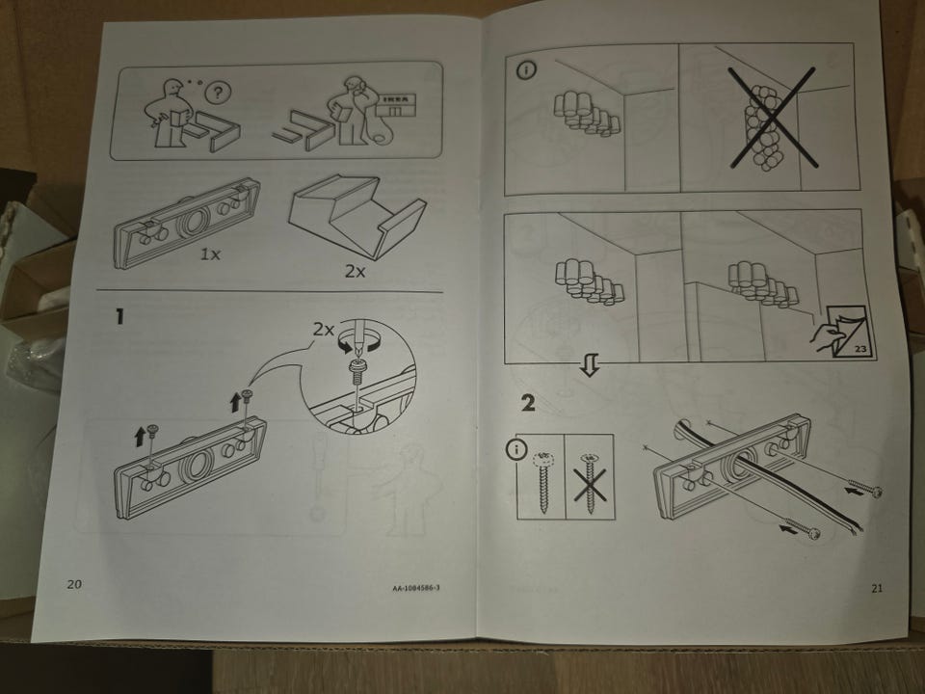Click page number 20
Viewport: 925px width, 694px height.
coord(74,584)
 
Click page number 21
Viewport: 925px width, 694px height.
coord(877,588)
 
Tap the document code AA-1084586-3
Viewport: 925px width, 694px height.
coord(416,588)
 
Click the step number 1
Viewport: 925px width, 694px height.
coord(119,316)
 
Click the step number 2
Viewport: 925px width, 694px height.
coord(528,403)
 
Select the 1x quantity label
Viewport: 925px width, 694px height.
coord(210,254)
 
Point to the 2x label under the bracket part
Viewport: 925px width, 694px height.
coord(356,272)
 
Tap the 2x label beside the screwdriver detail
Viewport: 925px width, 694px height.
coord(323,330)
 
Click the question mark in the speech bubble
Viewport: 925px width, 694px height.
coord(219,93)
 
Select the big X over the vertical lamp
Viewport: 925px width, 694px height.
coord(773,118)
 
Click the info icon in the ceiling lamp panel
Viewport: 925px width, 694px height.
coord(526,70)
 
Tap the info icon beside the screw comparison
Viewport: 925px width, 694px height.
coord(516,450)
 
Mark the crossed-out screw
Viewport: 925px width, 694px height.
coord(590,483)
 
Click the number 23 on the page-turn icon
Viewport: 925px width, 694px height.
coord(860,349)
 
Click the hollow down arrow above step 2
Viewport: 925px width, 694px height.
coord(590,365)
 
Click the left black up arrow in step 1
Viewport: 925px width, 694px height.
coord(140,438)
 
